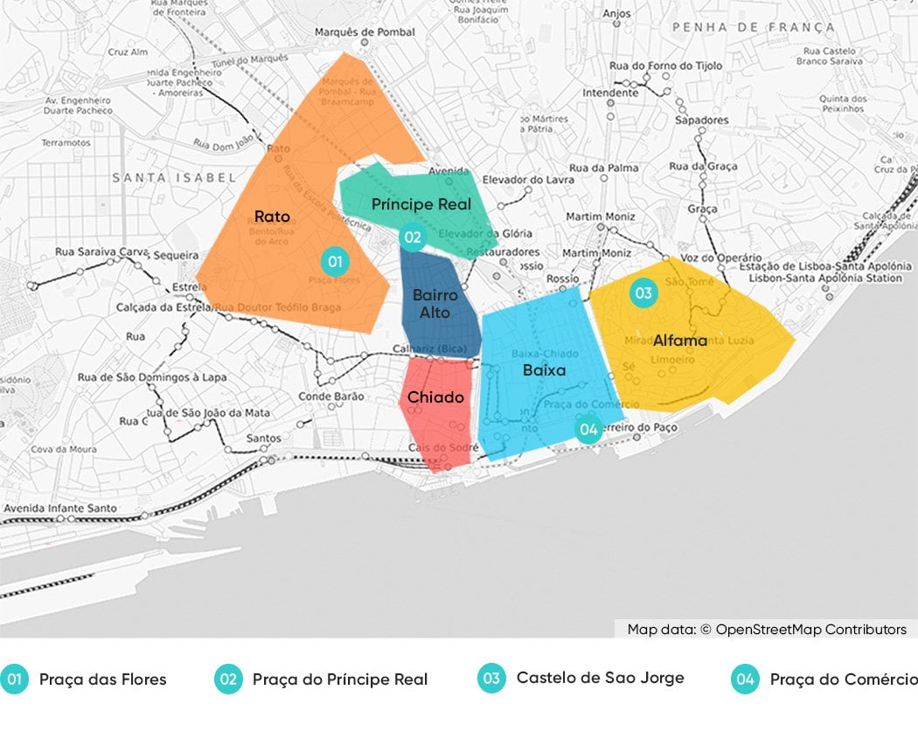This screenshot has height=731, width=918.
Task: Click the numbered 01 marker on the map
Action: [334, 260]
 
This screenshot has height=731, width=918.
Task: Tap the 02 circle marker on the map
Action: [412, 237]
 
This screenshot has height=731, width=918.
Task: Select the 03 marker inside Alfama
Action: [643, 293]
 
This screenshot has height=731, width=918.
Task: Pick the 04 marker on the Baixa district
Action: [588, 429]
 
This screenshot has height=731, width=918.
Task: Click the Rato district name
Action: [272, 216]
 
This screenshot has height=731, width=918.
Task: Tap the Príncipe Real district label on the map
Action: [421, 204]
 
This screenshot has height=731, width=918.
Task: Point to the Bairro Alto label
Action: [435, 303]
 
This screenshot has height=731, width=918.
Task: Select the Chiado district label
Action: [435, 397]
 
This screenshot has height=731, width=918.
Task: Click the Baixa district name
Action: [544, 370]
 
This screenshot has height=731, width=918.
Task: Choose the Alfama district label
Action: [680, 341]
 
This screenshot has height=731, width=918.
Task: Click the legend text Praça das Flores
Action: [102, 679]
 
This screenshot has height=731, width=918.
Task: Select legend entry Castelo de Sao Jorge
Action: [600, 678]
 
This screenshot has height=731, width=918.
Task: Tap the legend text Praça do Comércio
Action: [843, 679]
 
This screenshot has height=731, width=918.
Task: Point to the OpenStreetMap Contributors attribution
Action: [767, 629]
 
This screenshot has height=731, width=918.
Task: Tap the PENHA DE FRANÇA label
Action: [753, 28]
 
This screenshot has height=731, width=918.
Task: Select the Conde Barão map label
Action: [331, 396]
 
